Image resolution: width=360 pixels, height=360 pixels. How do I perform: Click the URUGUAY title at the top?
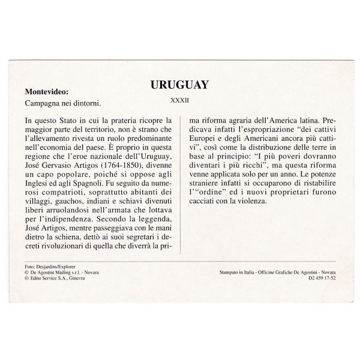coord(179,84)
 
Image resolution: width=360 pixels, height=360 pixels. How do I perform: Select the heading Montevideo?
coord(47,92)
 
